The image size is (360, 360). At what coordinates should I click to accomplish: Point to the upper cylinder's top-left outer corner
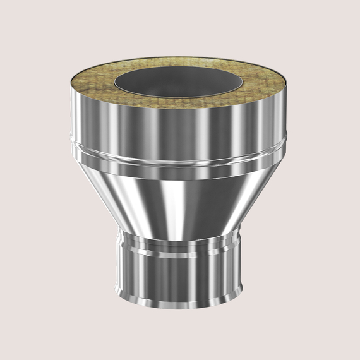pyautogui.click(x=71, y=89)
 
